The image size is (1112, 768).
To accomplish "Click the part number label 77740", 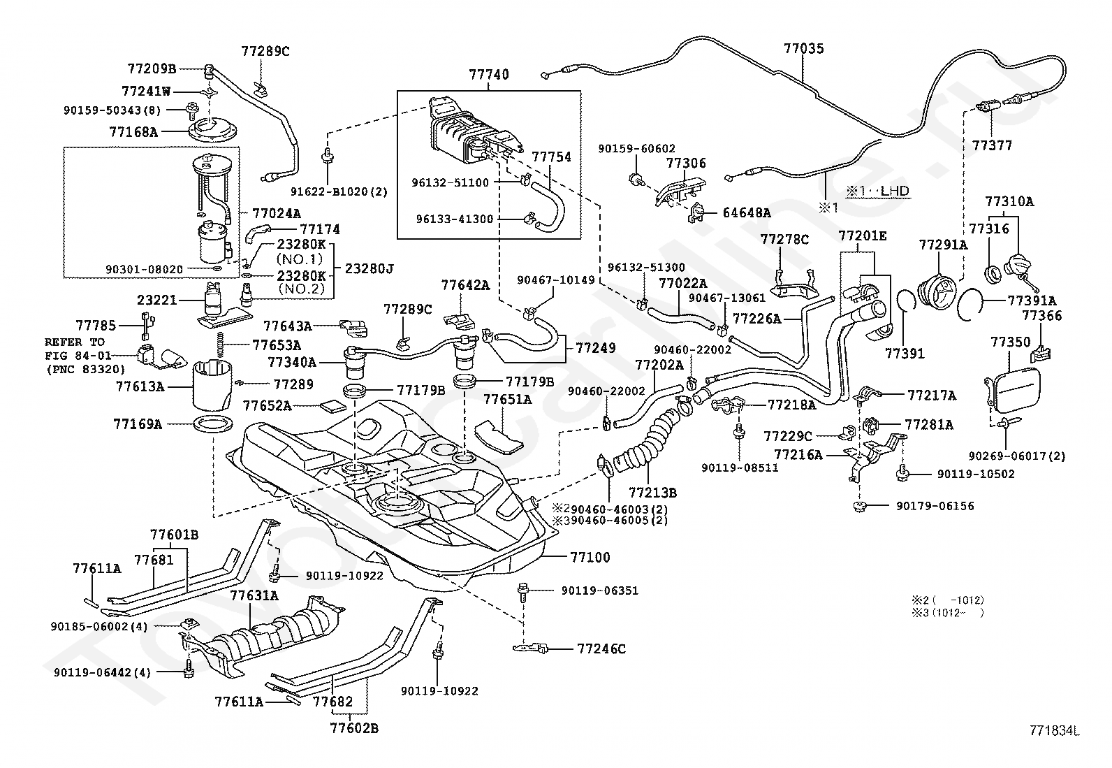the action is (x=489, y=75).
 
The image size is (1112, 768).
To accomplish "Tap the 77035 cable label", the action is (x=804, y=49).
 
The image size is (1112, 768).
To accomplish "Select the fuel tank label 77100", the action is (x=590, y=558).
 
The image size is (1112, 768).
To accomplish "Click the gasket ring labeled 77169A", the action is (x=213, y=425).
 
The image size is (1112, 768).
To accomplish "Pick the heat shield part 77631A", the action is (x=263, y=636).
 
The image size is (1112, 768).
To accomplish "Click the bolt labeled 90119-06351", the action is (x=522, y=591).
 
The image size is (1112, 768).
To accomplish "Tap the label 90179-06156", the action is (x=935, y=506).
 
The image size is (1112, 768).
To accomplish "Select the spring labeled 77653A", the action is (x=219, y=345).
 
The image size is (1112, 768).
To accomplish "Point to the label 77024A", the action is (x=277, y=214).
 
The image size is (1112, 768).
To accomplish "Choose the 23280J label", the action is (x=369, y=269).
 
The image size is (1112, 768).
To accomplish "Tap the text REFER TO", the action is (x=75, y=342).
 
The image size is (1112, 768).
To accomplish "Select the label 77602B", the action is (x=354, y=729).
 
